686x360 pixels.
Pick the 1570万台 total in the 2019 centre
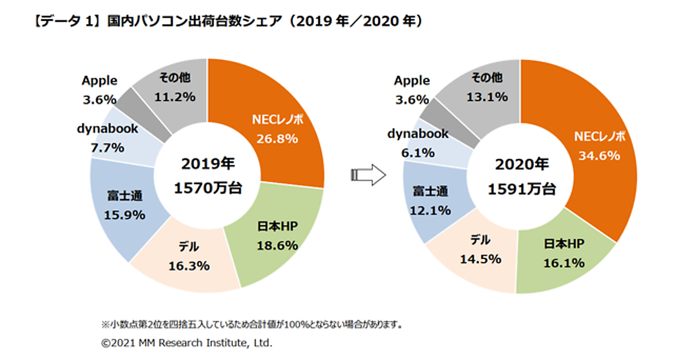pyautogui.click(x=208, y=189)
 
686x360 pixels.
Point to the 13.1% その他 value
pyautogui.click(x=487, y=97)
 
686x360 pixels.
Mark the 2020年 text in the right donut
pyautogui.click(x=521, y=166)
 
